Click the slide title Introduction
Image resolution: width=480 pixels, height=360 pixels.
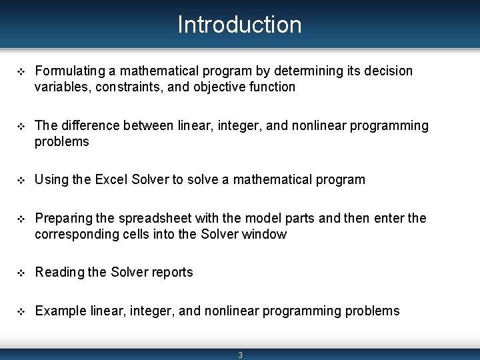click(239, 25)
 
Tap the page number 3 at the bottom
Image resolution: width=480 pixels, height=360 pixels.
click(241, 355)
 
